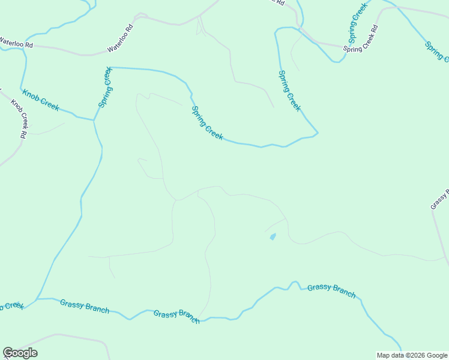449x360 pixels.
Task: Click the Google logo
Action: pos(20,353)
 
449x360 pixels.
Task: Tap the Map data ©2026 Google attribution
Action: pos(412,355)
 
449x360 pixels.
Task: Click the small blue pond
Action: pos(273,237)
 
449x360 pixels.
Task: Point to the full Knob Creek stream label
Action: pos(41,100)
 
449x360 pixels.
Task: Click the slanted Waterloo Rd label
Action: pos(120,39)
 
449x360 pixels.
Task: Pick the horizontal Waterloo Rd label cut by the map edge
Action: pos(16,43)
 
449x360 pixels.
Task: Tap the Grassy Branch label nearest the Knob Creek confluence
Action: pos(85,306)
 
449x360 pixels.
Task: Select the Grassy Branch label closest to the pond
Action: pos(331,291)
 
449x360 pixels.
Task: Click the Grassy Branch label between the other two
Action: pos(176,316)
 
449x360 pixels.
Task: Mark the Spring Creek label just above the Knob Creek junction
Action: pos(106,88)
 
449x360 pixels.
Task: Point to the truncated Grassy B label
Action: pos(439,199)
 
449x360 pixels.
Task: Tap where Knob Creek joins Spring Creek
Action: pos(94,120)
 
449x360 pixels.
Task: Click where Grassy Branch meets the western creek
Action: pos(37,298)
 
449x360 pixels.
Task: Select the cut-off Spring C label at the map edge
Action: pos(437,52)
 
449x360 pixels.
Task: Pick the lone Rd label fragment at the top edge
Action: pos(280,2)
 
